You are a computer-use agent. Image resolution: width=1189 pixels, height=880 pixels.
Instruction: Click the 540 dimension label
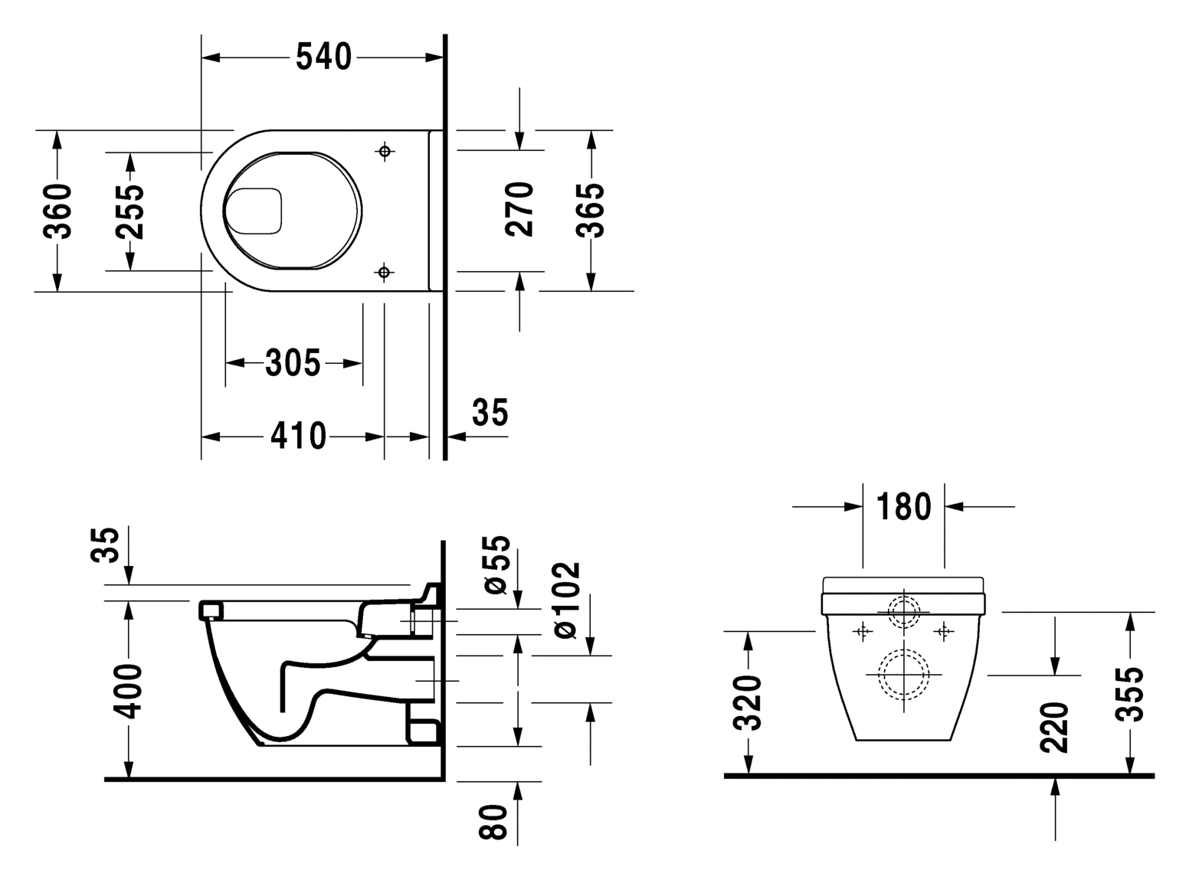coord(323,57)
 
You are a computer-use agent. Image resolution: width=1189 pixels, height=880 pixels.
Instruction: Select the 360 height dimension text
coord(57,211)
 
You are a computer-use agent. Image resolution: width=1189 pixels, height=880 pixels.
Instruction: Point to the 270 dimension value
coord(520,209)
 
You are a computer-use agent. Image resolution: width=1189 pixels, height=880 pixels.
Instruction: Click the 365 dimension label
coord(591,210)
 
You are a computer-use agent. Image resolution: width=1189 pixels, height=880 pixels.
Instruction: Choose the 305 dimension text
coord(293,362)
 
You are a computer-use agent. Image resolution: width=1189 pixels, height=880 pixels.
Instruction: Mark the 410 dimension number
coord(298,436)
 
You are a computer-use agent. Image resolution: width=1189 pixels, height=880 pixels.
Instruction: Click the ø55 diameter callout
coord(496,564)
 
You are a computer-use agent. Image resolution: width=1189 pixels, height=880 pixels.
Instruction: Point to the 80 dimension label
coord(496,822)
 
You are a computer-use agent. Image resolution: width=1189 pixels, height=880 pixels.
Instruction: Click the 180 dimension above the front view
coord(903,506)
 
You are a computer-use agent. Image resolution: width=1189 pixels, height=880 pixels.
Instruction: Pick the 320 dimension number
coord(747,702)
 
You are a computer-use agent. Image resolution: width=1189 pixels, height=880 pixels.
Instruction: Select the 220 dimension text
coord(1055,726)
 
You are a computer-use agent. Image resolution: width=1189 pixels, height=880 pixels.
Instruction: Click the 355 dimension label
coord(1129,694)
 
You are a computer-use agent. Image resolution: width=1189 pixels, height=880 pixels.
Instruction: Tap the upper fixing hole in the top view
coord(385,151)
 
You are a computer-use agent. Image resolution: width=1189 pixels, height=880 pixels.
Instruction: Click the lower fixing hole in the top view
coord(385,272)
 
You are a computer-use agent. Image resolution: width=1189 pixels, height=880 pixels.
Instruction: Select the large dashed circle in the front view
coord(904,674)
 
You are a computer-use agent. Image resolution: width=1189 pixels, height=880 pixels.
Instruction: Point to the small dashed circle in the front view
coord(904,612)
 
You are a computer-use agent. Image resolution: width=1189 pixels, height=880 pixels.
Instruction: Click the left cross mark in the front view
coord(863,631)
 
